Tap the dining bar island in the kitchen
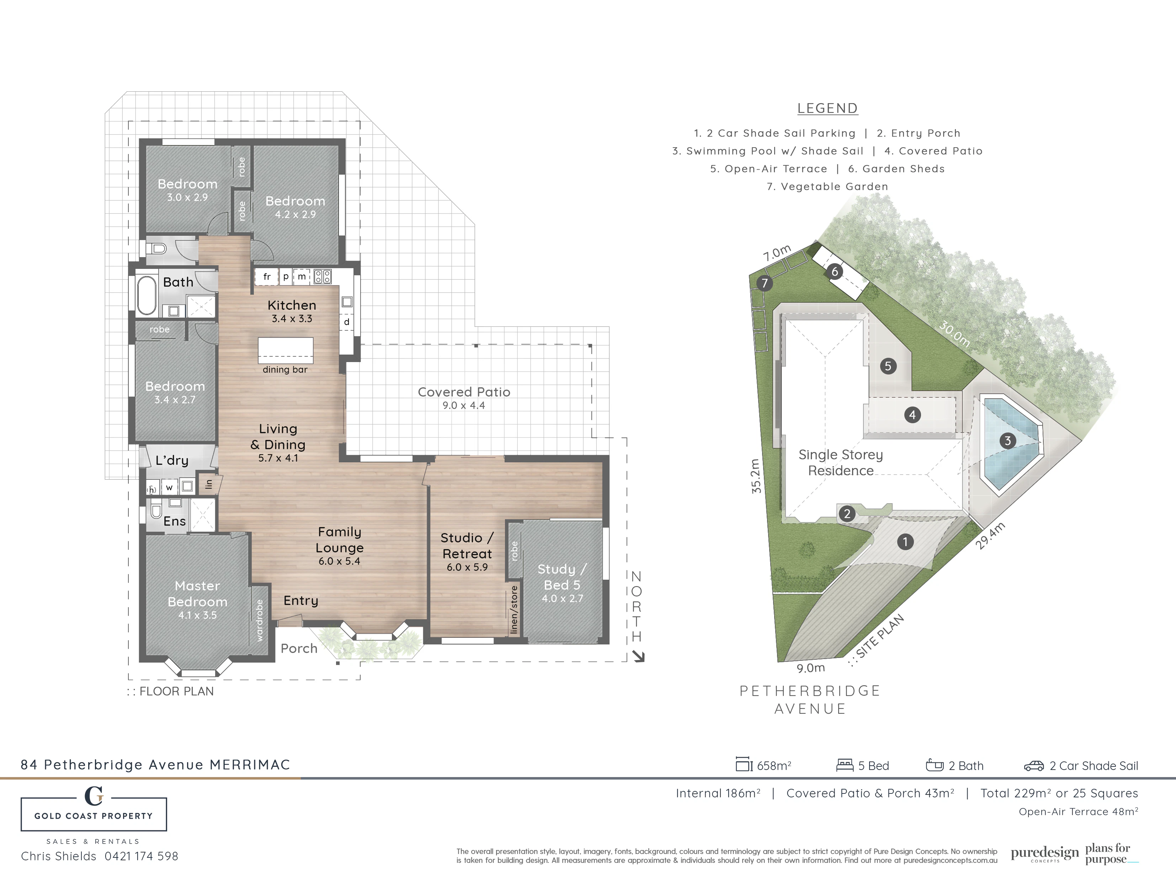click(x=286, y=350)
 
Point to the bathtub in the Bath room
click(x=147, y=295)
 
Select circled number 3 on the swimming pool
click(x=1007, y=440)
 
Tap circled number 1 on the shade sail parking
click(x=905, y=542)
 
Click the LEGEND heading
click(x=827, y=108)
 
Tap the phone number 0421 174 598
click(x=142, y=856)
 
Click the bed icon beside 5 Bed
click(x=845, y=765)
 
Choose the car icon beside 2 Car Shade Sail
click(x=1034, y=766)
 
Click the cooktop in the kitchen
click(x=323, y=276)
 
